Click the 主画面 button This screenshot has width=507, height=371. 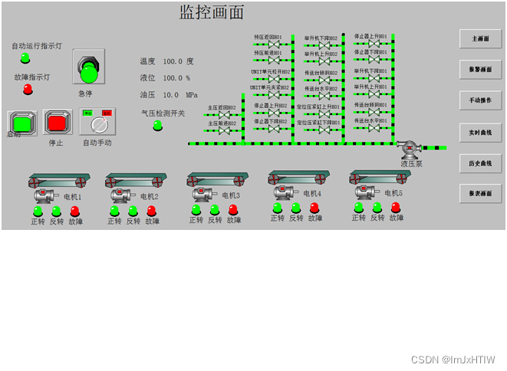coord(480,38)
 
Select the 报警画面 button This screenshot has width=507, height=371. coord(480,70)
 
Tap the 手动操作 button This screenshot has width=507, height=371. coord(480,100)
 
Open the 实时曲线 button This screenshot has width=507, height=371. coord(480,133)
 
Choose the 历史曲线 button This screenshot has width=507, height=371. coord(480,163)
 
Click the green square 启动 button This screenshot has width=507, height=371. coord(22,122)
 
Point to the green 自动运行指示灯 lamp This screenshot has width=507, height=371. coord(25,58)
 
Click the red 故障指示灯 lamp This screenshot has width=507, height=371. coord(28,89)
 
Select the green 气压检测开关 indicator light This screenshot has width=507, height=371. coord(158,125)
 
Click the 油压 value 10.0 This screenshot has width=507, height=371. coord(170,95)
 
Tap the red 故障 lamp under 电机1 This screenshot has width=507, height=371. coord(75,210)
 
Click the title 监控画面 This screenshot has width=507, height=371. coord(212,13)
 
